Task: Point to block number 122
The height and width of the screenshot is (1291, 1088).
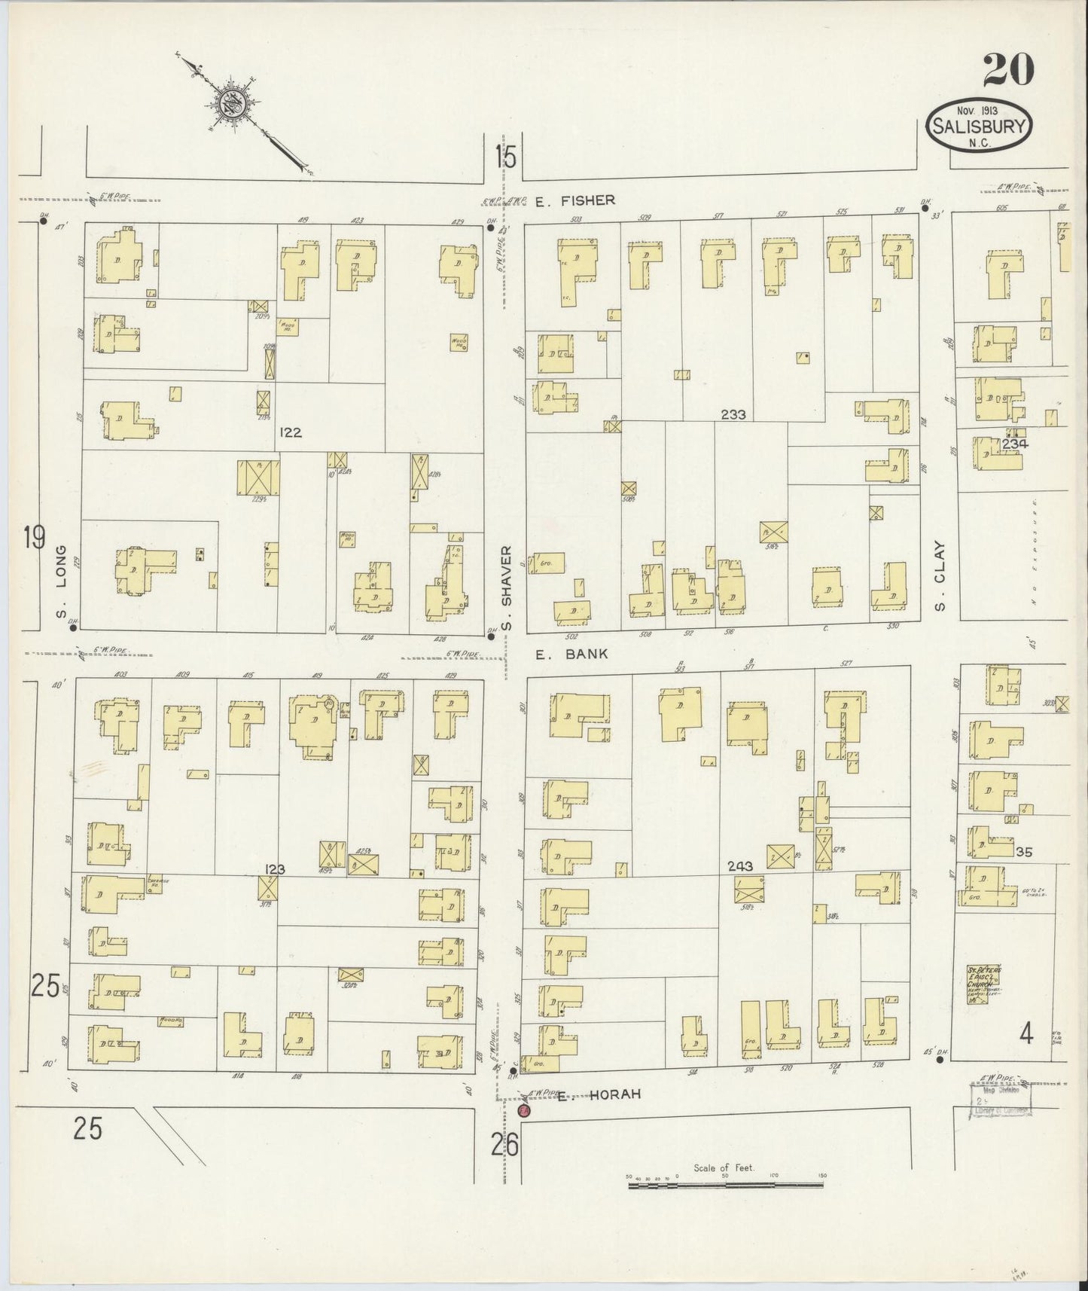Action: point(290,432)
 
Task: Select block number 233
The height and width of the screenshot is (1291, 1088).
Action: point(732,414)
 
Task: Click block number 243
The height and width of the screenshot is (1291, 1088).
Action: point(741,866)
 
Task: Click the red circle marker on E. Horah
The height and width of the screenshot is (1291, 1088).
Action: point(524,1110)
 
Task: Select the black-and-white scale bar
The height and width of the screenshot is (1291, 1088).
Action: point(725,1185)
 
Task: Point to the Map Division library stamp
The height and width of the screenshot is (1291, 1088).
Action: point(1000,1099)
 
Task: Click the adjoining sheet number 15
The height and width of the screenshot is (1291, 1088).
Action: point(505,157)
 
